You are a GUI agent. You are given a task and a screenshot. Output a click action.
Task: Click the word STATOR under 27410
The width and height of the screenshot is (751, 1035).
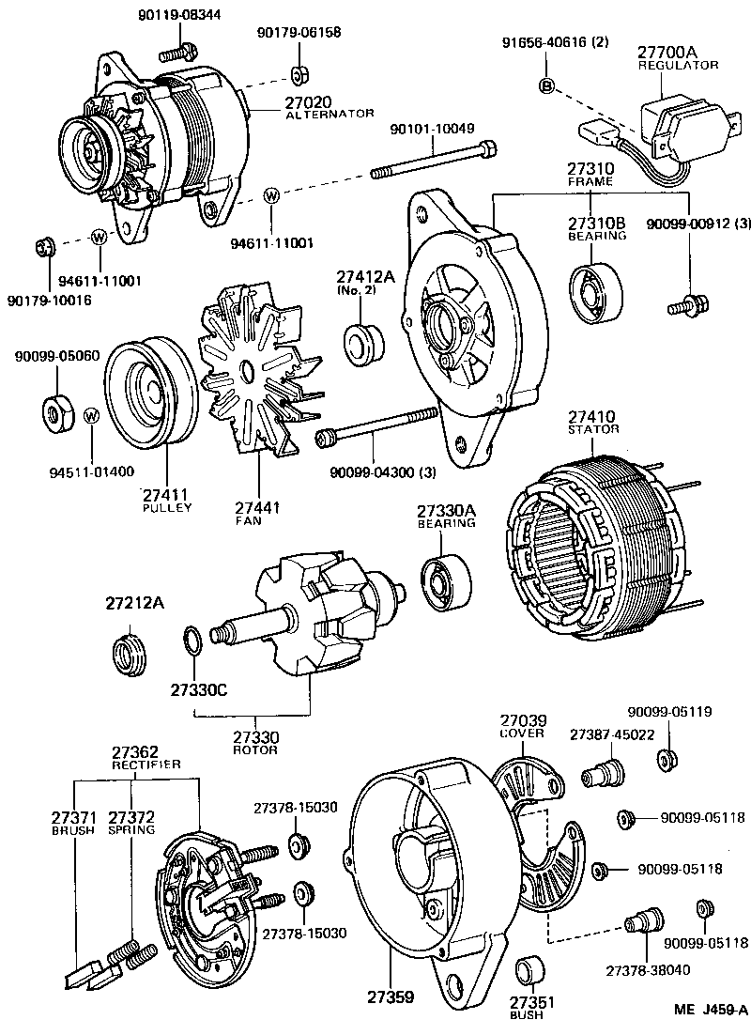pos(593,429)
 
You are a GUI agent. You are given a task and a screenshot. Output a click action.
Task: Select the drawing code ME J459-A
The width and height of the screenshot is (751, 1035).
pos(710,1011)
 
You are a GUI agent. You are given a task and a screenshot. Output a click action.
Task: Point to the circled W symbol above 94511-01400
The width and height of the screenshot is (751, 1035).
pos(91,415)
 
